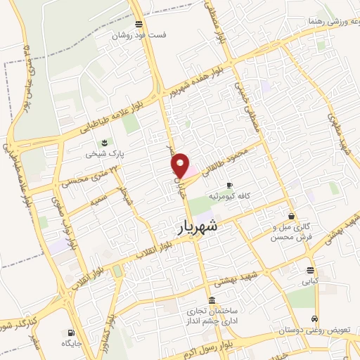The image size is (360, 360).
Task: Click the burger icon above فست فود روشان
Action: coord(140,24)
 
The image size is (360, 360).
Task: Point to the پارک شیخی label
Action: coord(100,153)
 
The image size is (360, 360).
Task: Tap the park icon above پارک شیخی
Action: coord(105,143)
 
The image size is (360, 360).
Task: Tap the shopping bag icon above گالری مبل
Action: coord(291,216)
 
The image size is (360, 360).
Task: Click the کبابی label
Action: coord(310,281)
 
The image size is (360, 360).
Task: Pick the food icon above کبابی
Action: coord(310,270)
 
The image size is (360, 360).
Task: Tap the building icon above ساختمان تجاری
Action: coord(212,301)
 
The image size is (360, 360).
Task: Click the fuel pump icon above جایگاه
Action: coord(70,333)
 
